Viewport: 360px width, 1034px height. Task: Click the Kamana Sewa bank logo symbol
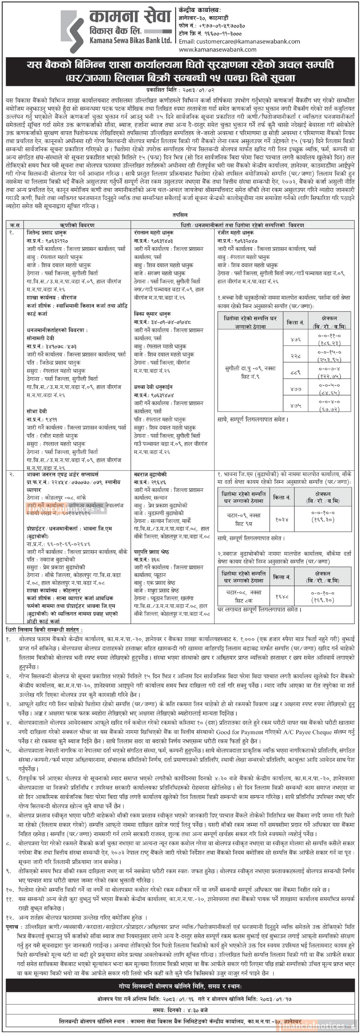click(72, 31)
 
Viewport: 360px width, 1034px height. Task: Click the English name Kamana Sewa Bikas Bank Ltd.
click(131, 40)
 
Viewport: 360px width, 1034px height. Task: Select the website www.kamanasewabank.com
click(217, 49)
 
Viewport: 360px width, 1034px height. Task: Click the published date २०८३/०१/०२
click(197, 91)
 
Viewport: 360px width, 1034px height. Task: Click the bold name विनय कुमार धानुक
click(152, 314)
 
